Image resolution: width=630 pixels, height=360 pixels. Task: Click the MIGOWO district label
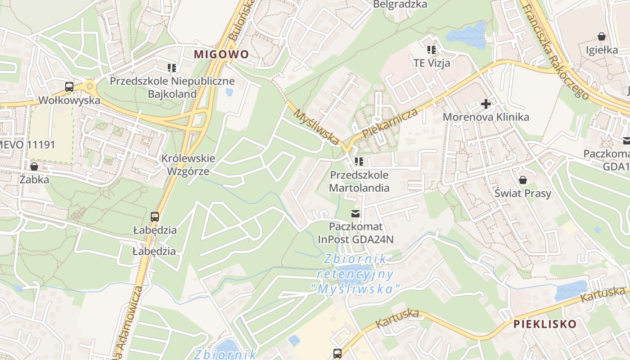point(221,54)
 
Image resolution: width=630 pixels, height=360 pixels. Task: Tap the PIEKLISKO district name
point(544,324)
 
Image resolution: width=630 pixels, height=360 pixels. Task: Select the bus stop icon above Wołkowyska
point(69,87)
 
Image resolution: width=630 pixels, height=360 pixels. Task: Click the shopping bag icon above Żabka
point(34,166)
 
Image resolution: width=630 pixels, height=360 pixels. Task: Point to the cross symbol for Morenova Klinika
point(486,104)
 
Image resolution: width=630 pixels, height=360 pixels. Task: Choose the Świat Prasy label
point(522,193)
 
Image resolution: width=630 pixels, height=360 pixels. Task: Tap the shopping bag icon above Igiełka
point(601,36)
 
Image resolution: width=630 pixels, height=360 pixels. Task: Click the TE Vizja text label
point(432,63)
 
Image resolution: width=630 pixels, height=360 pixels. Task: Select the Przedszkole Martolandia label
point(359,181)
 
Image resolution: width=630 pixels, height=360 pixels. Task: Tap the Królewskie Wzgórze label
point(189,165)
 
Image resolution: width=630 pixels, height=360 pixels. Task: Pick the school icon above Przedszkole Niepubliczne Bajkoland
point(171,68)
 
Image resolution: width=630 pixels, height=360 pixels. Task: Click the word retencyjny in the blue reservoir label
point(355,274)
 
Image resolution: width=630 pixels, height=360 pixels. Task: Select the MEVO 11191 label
point(27,144)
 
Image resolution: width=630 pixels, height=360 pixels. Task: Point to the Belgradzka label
point(400,4)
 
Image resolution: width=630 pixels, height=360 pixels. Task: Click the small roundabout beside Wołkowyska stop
point(90,85)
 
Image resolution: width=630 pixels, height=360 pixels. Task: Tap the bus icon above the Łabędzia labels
point(155,217)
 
